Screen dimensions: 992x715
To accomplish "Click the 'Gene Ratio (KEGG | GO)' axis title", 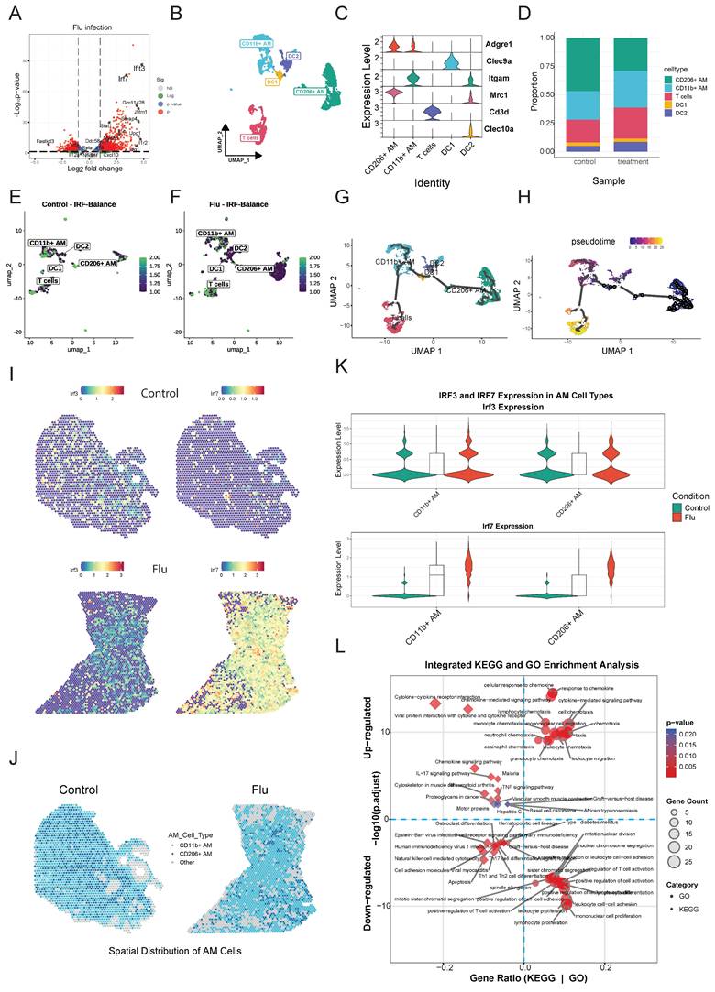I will click(522, 979).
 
